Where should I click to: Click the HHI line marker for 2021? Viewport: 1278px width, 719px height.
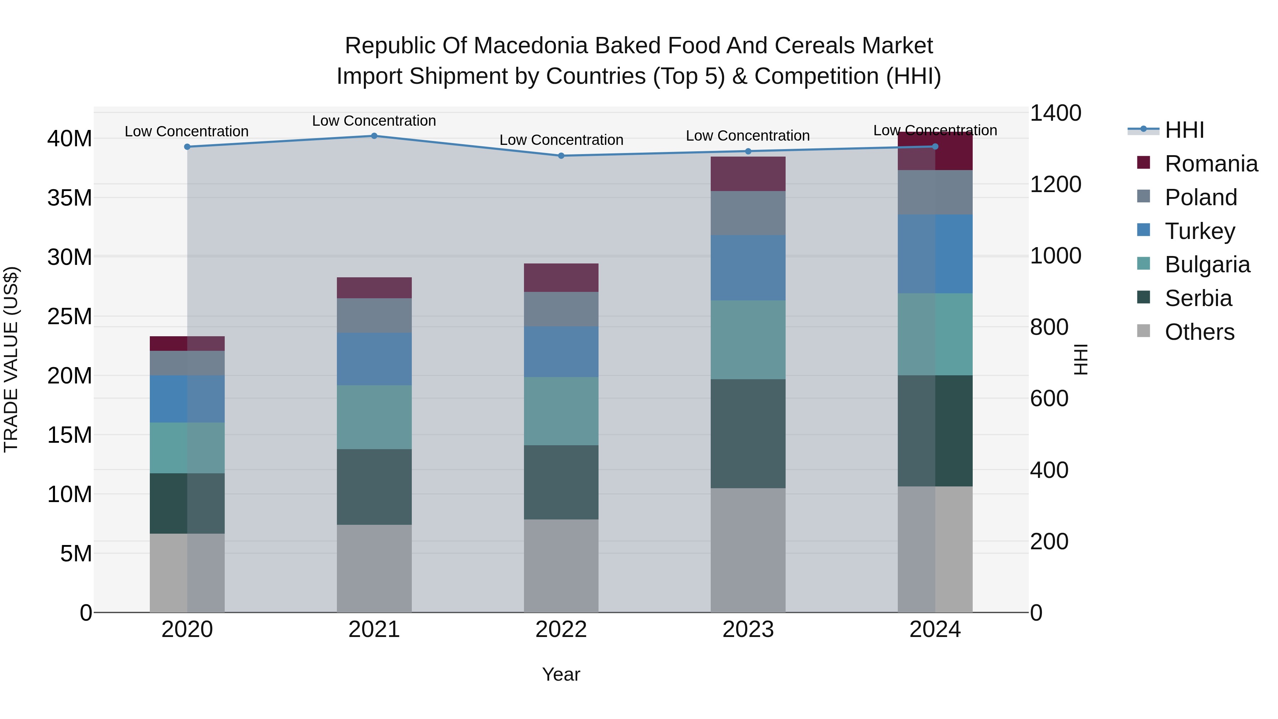pos(374,136)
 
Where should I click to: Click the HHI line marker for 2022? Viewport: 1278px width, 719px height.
pos(561,156)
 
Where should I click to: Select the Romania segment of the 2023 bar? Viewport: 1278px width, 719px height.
pos(748,174)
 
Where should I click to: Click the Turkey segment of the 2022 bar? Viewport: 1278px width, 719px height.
pos(561,352)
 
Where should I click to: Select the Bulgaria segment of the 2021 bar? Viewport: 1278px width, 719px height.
pos(374,417)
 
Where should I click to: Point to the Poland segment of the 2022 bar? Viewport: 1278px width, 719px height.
pos(561,309)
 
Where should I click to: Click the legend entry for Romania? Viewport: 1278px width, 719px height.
pos(1211,164)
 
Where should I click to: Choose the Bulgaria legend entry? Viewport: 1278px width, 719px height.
pos(1207,265)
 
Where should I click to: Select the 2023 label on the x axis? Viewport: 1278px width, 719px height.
pos(748,630)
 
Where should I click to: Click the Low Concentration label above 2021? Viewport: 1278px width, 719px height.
pos(374,121)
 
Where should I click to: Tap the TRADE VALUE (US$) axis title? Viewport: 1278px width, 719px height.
pos(11,359)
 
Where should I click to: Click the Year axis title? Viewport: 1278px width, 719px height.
pos(561,674)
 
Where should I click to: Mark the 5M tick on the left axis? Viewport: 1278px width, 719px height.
pos(76,553)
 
